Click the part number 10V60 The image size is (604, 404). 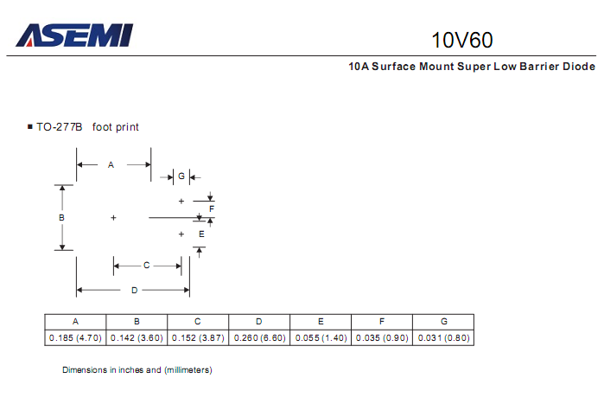click(x=462, y=40)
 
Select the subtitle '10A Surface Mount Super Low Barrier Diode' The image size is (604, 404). click(x=472, y=66)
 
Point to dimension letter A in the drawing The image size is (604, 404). click(x=111, y=164)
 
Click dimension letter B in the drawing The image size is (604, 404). click(x=61, y=217)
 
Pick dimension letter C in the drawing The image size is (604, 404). click(x=146, y=265)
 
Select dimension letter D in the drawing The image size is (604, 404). click(x=134, y=289)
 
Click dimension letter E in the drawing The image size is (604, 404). click(x=200, y=234)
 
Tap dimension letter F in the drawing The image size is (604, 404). click(x=211, y=209)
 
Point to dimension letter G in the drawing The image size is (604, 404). click(x=181, y=176)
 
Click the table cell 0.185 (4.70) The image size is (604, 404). click(x=75, y=337)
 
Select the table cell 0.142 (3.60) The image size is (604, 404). click(x=137, y=337)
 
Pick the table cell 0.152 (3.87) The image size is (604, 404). click(x=198, y=337)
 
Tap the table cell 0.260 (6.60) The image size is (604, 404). click(x=259, y=337)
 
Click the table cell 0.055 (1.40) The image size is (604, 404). click(x=321, y=337)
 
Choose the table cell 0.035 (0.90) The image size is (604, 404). click(x=382, y=337)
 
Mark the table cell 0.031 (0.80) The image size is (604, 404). click(x=443, y=337)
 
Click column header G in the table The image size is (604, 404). click(x=443, y=321)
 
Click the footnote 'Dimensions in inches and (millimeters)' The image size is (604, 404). click(x=137, y=369)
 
